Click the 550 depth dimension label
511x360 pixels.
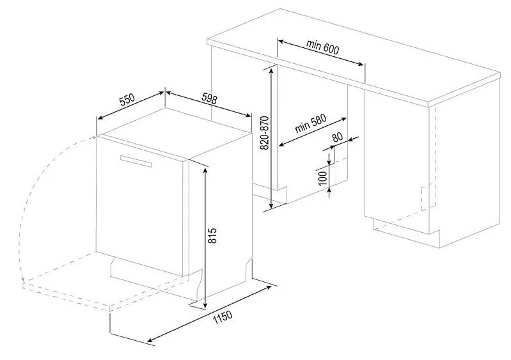pos(127,100)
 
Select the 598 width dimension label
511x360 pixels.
pos(209,98)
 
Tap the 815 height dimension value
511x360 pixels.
pos(212,235)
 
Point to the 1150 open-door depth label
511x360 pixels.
pos(223,318)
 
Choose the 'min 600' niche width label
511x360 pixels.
pos(322,47)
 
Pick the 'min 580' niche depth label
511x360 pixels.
pos(311,123)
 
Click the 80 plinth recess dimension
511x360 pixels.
pos(338,137)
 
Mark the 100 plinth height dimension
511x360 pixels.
pos(322,178)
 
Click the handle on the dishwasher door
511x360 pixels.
pos(136,161)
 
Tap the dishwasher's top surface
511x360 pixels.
pos(175,131)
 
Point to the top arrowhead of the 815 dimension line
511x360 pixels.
pos(205,169)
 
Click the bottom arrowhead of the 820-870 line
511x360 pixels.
pos(271,205)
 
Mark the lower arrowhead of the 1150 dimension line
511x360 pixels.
pos(150,340)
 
